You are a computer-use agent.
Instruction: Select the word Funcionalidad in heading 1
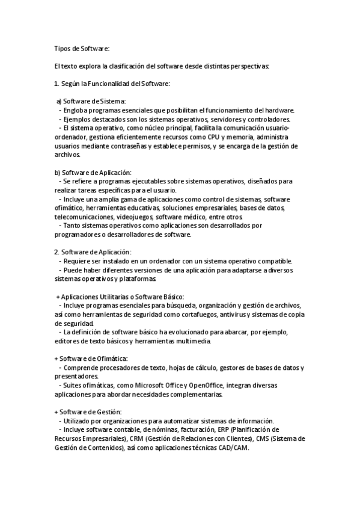point(106,84)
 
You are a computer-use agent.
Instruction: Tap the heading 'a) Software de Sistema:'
point(91,101)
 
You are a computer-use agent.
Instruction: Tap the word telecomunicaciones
point(82,216)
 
